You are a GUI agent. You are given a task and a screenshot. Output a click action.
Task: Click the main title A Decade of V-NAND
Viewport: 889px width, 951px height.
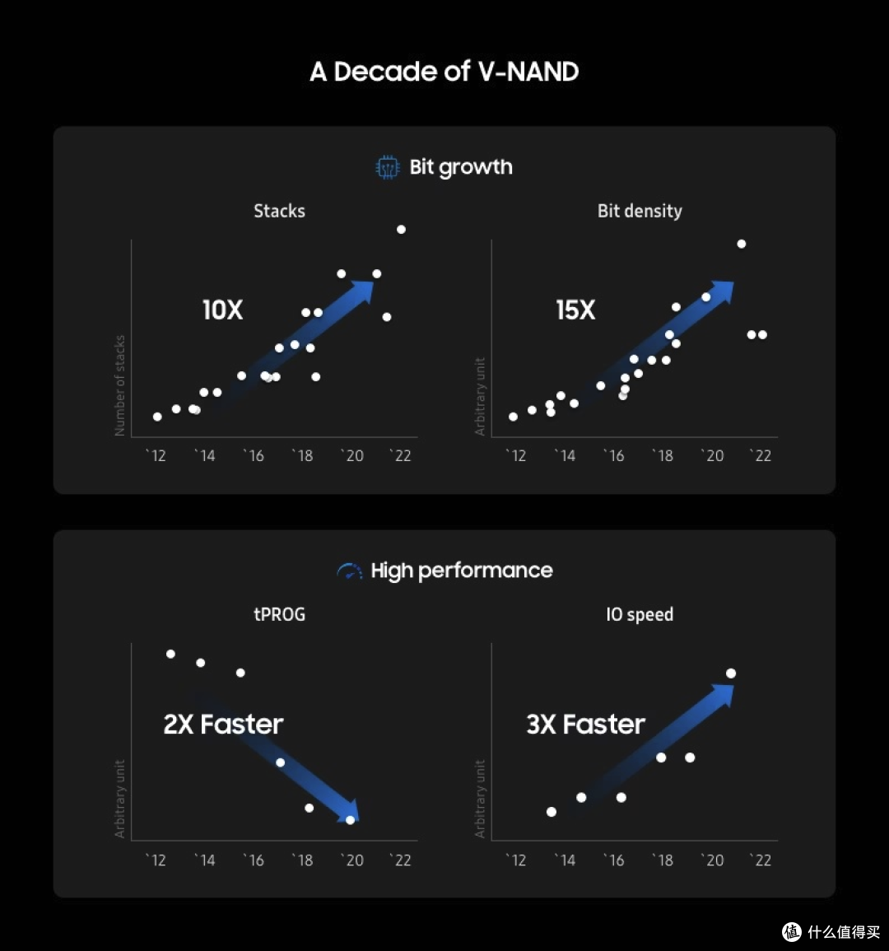[x=444, y=72]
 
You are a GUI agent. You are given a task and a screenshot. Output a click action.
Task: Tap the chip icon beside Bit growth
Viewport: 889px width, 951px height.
[x=388, y=167]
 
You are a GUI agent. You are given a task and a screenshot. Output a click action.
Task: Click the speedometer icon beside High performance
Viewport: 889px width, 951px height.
[x=349, y=571]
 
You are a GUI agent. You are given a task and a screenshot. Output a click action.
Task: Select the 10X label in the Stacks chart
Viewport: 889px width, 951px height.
[x=222, y=310]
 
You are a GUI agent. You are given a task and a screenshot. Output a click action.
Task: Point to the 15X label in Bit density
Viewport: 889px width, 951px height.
[x=575, y=310]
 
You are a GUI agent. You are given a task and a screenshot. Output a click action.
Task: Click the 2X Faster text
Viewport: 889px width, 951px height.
[x=223, y=725]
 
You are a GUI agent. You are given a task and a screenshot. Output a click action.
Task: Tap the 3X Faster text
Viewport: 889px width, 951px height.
[x=585, y=725]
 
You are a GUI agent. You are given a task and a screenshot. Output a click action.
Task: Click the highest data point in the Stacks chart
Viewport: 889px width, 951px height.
[x=401, y=229]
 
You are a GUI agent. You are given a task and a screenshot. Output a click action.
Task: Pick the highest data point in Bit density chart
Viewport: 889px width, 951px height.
[x=741, y=244]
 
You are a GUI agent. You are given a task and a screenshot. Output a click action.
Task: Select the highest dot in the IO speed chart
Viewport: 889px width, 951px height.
[x=731, y=674]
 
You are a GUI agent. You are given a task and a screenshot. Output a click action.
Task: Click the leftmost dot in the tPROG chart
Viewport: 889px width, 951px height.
[x=170, y=654]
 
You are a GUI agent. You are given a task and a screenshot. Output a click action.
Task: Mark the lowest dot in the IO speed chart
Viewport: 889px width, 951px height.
[x=552, y=812]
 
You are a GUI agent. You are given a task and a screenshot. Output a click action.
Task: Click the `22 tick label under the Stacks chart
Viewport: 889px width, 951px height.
[x=400, y=455]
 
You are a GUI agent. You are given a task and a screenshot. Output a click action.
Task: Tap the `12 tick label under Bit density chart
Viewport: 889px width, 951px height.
[x=516, y=455]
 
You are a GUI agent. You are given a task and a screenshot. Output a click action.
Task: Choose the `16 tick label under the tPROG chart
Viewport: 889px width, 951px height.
[x=254, y=860]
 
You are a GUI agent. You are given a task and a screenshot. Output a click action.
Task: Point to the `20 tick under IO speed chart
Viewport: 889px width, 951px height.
[x=713, y=860]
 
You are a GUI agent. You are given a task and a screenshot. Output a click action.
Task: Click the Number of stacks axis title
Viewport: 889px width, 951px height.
[x=119, y=385]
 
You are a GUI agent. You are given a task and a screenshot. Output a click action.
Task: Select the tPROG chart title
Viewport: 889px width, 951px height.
[x=280, y=614]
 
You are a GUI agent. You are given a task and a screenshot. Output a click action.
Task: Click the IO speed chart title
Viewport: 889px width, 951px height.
[x=640, y=614]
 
